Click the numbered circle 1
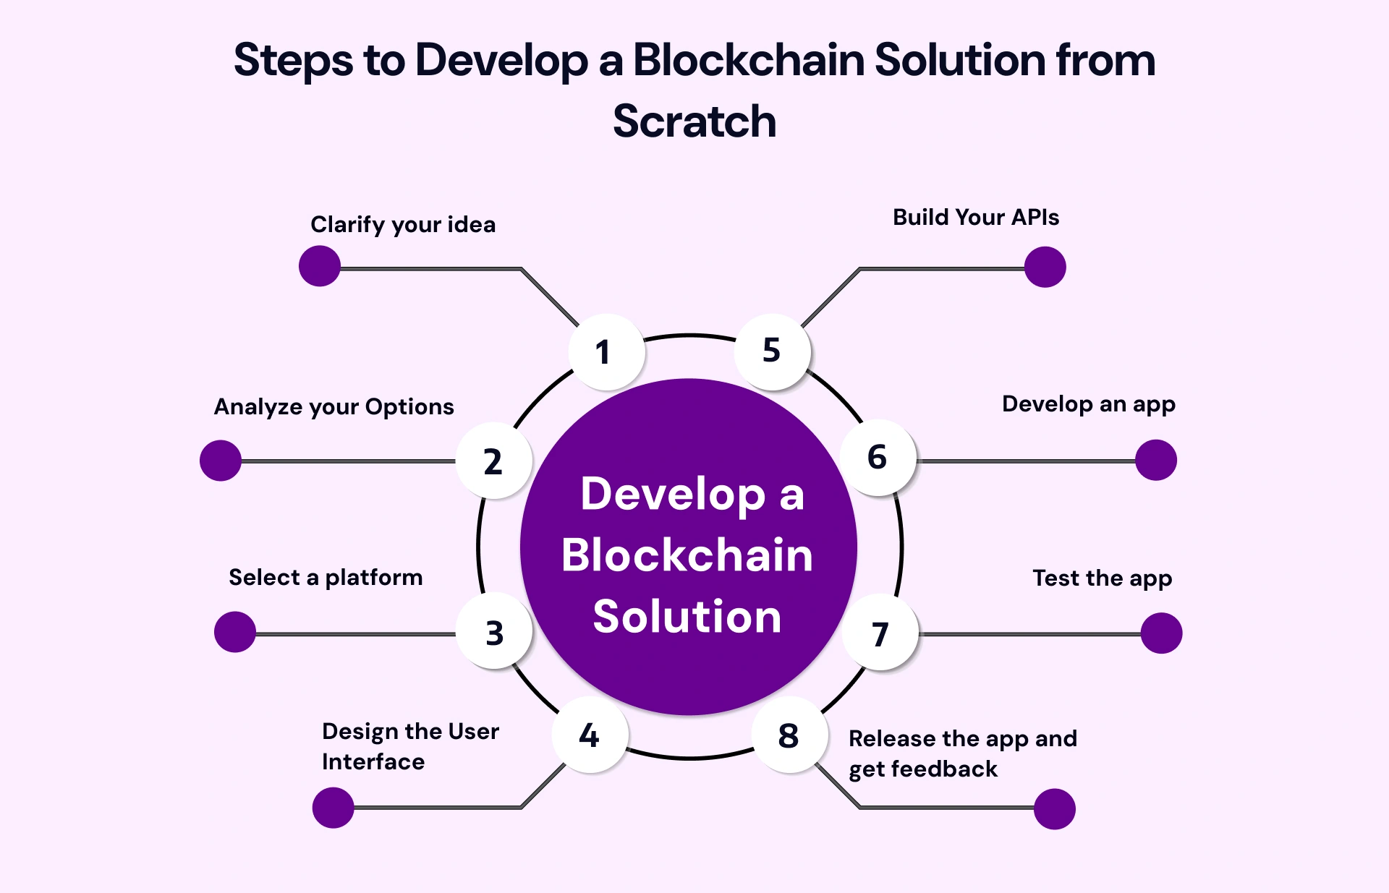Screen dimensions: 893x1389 pos(606,353)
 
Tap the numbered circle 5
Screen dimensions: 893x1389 pos(772,352)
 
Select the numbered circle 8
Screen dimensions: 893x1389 pos(789,735)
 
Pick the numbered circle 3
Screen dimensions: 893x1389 pos(494,631)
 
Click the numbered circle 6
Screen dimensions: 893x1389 pos(878,458)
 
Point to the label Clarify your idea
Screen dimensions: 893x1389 pos(403,225)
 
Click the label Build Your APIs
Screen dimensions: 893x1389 pos(975,218)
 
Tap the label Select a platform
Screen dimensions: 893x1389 pos(326,578)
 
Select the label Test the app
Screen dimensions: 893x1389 pos(1102,578)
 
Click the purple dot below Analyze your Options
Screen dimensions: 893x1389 pos(221,461)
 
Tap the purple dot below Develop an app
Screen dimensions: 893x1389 pos(1155,460)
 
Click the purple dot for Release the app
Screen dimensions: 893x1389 pos(1054,808)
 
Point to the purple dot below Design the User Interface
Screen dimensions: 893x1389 pos(333,808)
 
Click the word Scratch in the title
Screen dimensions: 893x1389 pos(694,121)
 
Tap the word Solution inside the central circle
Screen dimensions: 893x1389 pos(687,617)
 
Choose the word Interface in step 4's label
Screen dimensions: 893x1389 pos(373,762)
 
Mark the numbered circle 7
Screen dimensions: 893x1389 pos(880,633)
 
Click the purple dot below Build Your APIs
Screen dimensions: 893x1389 pos(1045,267)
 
